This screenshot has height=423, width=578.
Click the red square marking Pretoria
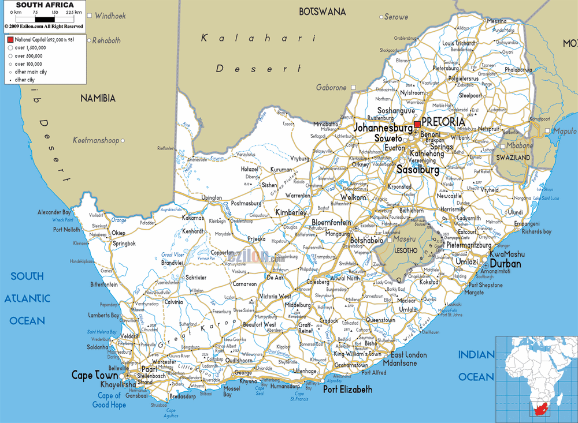(417, 123)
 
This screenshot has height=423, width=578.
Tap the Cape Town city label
(93, 375)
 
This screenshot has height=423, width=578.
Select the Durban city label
(505, 264)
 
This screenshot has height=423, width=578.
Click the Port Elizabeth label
(347, 390)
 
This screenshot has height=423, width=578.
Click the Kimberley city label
(290, 212)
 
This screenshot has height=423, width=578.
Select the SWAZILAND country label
(512, 157)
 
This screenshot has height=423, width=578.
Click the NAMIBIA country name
(98, 98)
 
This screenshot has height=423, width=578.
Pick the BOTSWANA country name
(322, 12)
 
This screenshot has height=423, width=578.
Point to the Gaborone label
(331, 87)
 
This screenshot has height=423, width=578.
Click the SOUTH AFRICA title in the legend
(45, 5)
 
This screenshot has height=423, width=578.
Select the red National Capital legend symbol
(10, 40)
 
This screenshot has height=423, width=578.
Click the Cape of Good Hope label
(109, 400)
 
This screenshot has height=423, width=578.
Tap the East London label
(409, 355)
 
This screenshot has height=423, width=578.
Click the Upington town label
(212, 198)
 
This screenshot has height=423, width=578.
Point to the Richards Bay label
(536, 231)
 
